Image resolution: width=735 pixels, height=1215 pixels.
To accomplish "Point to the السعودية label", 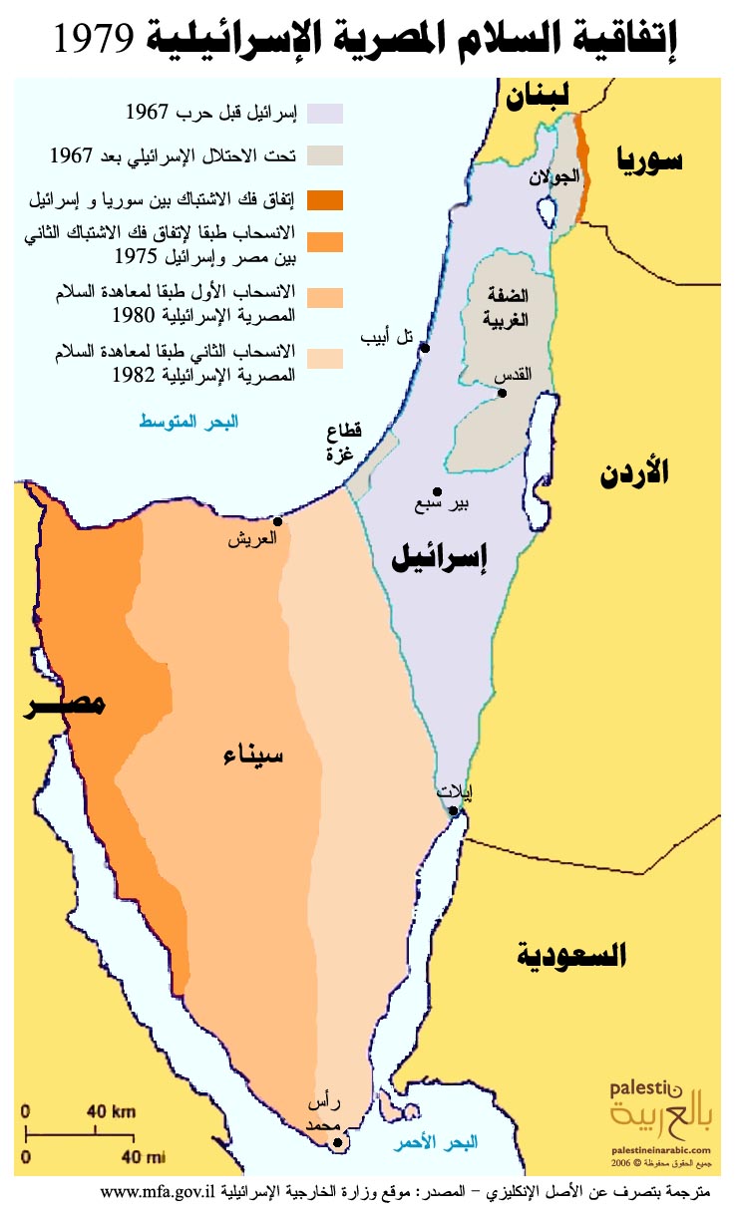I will (572, 956).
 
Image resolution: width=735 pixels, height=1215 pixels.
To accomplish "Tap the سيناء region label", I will (252, 756).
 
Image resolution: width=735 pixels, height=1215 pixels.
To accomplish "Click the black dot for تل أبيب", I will (425, 348).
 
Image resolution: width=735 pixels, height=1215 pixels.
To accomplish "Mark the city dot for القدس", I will (503, 393).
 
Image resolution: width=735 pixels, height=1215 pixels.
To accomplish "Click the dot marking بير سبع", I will (437, 491).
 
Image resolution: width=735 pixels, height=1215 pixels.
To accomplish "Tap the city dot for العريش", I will (278, 521).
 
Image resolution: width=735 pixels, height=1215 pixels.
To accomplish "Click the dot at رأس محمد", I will (338, 1143).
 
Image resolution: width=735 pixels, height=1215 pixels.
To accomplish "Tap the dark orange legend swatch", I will (326, 200).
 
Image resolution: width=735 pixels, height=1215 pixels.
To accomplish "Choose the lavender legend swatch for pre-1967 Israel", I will (326, 113).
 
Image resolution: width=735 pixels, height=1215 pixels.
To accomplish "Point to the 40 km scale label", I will (110, 1110).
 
